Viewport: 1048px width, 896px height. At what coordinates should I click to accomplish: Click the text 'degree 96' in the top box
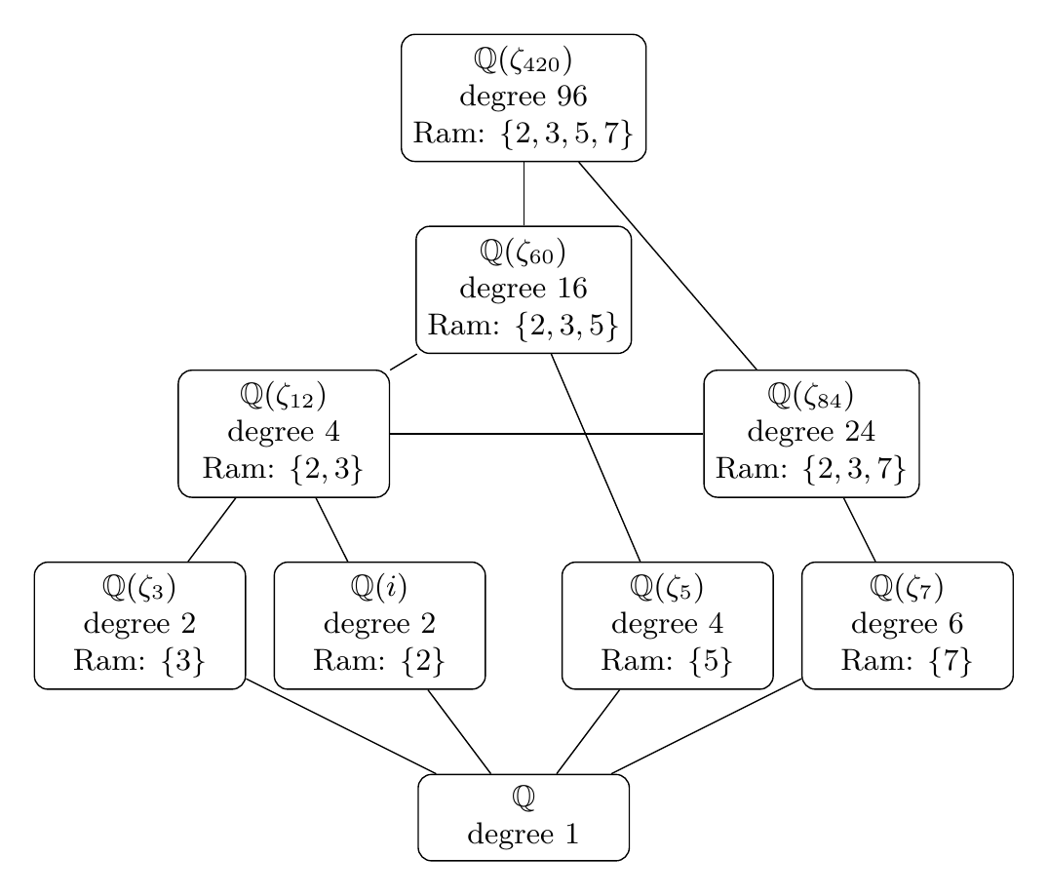point(524,97)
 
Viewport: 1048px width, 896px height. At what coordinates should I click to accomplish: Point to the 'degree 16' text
point(524,289)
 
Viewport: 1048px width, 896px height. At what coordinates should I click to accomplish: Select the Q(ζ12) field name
point(284,398)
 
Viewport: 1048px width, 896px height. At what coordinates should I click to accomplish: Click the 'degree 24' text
point(811,432)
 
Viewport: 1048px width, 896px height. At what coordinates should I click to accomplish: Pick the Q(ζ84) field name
point(811,398)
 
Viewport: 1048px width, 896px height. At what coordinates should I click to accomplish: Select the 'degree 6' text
point(907,624)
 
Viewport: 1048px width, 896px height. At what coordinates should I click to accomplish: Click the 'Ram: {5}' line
point(668,659)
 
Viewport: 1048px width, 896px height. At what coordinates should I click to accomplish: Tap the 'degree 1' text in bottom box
point(524,835)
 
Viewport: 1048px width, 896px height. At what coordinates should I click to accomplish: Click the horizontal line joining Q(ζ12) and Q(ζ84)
point(546,433)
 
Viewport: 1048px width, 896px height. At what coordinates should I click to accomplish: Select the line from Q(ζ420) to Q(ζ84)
point(668,265)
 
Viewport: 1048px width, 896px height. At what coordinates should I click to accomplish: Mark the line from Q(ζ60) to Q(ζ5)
point(596,456)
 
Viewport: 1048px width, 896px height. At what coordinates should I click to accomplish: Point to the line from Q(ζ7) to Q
point(707,726)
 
